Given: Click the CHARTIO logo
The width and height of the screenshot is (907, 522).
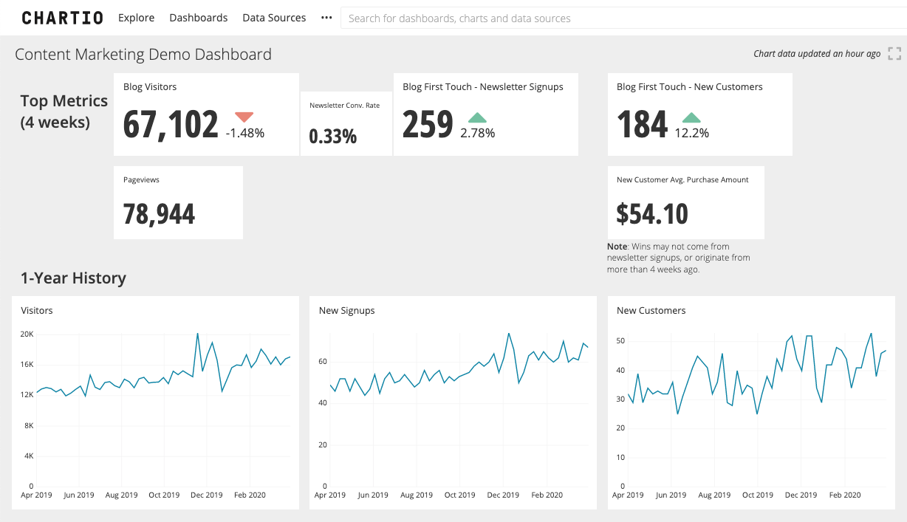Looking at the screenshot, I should (x=62, y=18).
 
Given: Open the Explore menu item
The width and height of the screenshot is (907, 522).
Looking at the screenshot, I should (x=137, y=18).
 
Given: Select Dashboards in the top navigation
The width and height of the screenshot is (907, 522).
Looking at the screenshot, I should (x=198, y=18).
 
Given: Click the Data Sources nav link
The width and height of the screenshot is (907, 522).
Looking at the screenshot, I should (x=274, y=18).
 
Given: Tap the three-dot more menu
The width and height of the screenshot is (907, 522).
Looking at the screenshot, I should (x=326, y=18).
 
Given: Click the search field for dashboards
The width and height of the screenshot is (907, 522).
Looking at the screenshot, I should (x=620, y=18).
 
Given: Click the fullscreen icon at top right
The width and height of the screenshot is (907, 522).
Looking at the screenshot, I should (x=894, y=53).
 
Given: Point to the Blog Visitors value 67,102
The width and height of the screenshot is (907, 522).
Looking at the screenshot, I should (x=171, y=124).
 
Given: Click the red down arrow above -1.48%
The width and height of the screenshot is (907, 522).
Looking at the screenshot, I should (x=244, y=117).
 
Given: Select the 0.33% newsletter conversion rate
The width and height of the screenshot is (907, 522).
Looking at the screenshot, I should (x=332, y=137).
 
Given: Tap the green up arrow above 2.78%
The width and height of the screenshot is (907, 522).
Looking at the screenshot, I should (x=477, y=117).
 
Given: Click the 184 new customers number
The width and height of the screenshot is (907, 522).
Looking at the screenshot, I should (x=642, y=124).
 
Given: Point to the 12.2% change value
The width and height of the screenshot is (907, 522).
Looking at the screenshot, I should (x=691, y=134).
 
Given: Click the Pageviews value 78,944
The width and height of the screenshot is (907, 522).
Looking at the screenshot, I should (x=159, y=214).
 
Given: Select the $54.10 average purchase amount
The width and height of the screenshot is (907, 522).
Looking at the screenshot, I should (x=652, y=214).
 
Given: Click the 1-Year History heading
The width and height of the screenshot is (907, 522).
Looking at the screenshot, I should (x=73, y=278).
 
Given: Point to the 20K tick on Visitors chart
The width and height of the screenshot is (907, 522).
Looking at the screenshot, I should (x=27, y=334).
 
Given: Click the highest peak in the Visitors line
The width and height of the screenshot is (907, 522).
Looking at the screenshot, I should (x=197, y=334).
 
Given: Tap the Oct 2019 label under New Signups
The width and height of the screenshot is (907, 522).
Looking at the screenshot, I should (x=459, y=495).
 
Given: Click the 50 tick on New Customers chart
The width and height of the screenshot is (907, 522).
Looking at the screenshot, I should (x=620, y=341).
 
